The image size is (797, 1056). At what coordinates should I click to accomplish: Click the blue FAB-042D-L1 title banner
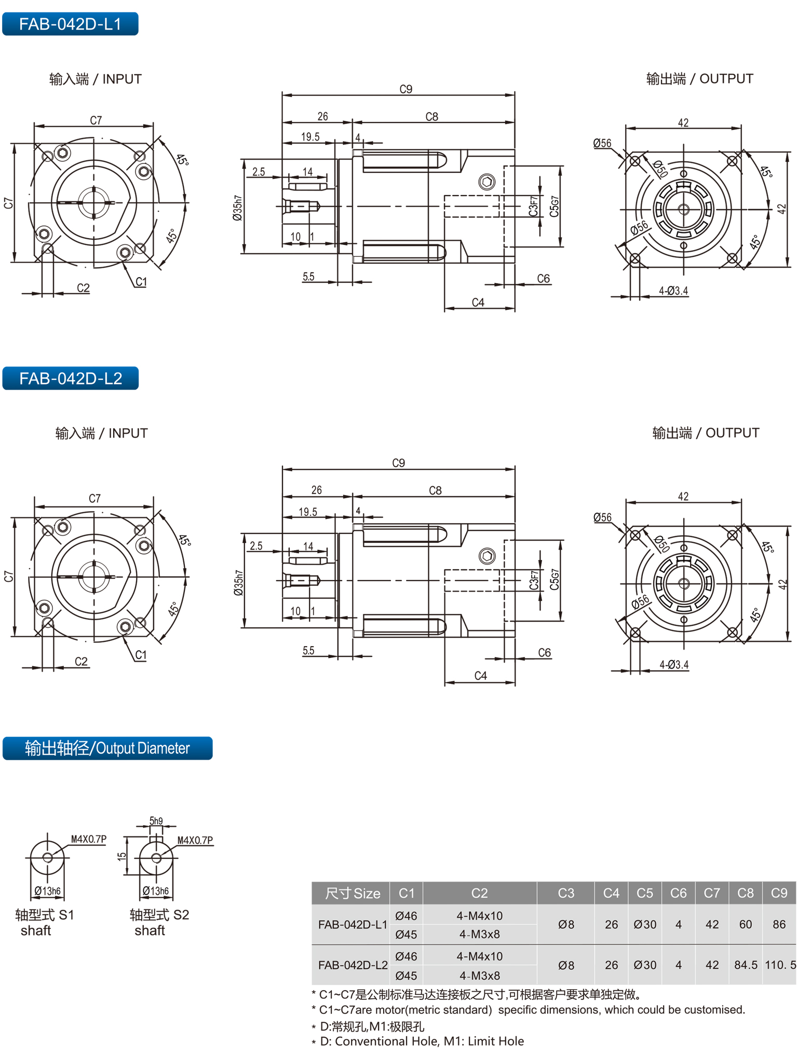pos(70,24)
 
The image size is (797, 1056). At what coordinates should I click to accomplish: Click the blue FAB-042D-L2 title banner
pos(71,378)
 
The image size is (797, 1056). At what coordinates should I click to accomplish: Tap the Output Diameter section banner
pos(107,748)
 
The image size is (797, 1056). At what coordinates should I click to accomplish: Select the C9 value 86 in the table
pos(779,924)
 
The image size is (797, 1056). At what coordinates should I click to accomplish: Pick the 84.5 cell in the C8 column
pos(746,965)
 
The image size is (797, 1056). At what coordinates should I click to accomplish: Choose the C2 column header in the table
pos(479,893)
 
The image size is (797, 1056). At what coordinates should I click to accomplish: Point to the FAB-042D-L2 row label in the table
pos(353,965)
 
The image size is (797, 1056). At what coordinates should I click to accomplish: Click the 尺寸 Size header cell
pos(352,893)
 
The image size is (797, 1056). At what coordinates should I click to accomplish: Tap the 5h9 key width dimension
pos(156,820)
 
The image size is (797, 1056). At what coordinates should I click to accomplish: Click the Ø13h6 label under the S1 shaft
pos(47,891)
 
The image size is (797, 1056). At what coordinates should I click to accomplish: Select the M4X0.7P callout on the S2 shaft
pos(195,840)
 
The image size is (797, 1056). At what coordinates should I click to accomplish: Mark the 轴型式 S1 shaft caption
pos(45,922)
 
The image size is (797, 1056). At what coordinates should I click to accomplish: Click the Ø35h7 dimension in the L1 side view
pos(237,208)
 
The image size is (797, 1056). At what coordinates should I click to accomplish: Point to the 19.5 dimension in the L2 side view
pos(308,512)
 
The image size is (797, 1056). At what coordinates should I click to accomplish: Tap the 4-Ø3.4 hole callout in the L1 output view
pos(673,291)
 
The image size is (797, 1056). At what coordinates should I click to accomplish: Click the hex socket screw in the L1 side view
pos(487,182)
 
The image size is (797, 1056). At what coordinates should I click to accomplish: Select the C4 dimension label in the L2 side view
pos(480,676)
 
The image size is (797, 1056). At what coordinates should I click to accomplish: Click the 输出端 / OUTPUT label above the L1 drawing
pos(699,79)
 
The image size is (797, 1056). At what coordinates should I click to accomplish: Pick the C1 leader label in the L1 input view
pos(141,282)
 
